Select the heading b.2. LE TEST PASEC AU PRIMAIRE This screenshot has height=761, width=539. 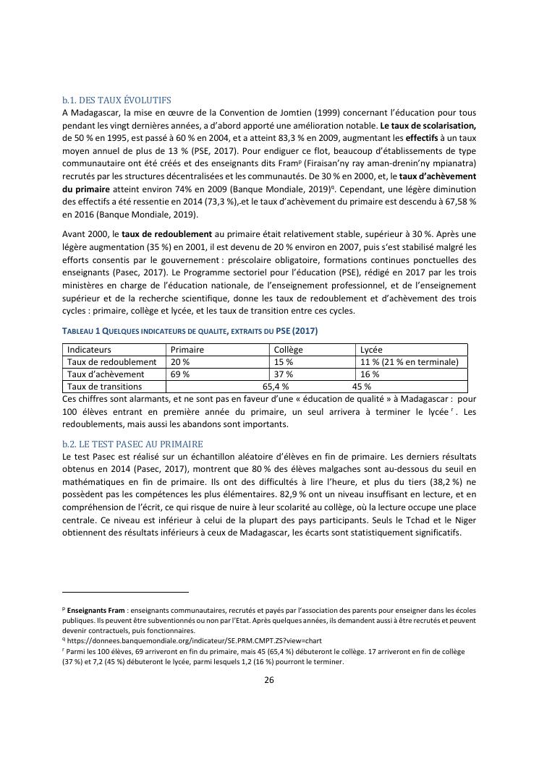pyautogui.click(x=132, y=444)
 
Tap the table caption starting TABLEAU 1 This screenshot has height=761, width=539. pyautogui.click(x=190, y=331)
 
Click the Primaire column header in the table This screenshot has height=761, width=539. pyautogui.click(x=187, y=350)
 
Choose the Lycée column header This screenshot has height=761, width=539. pyautogui.click(x=371, y=350)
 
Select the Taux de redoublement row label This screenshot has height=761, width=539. pyautogui.click(x=111, y=362)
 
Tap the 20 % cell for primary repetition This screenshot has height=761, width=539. pyautogui.click(x=180, y=362)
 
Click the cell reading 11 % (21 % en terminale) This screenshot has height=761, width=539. pyautogui.click(x=409, y=362)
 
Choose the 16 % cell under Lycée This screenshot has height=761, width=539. pyautogui.click(x=370, y=374)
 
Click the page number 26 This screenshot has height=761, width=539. pyautogui.click(x=269, y=679)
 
